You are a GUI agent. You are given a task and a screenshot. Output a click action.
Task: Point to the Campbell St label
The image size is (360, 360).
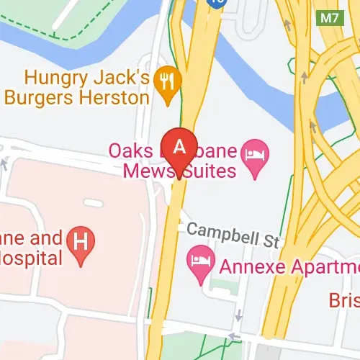tap(231, 233)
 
